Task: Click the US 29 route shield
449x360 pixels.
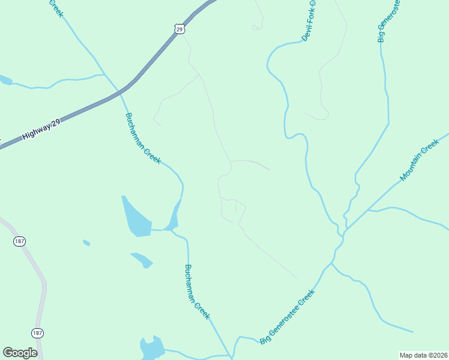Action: (179, 28)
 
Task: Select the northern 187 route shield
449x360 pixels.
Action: (20, 241)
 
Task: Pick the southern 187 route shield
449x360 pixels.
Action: (37, 332)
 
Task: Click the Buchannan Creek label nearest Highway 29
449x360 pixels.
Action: (143, 139)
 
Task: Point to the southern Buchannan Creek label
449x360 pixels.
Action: (197, 292)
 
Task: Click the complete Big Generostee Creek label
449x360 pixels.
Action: (288, 317)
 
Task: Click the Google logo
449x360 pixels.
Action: (20, 353)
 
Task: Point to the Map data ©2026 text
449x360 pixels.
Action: (423, 355)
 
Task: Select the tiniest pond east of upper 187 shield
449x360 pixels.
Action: (86, 243)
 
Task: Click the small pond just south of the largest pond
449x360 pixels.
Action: (142, 259)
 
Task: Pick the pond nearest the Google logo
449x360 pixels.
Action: (152, 348)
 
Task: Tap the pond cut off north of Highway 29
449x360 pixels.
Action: (5, 80)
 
